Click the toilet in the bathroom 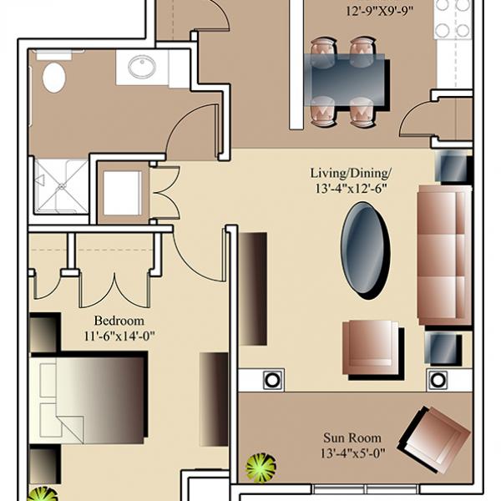(x=53, y=73)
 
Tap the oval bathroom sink (x=142, y=67)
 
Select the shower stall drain (x=61, y=186)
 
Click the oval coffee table (x=366, y=250)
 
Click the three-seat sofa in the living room (x=444, y=256)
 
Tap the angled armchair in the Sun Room (x=434, y=438)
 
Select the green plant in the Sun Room (x=261, y=468)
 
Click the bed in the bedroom (x=89, y=397)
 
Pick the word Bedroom (x=119, y=321)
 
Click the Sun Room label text (x=352, y=438)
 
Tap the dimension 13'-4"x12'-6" (x=352, y=189)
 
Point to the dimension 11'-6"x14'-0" (x=119, y=337)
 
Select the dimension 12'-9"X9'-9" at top (x=380, y=12)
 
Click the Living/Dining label (x=351, y=174)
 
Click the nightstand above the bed (x=45, y=332)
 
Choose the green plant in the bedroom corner (x=43, y=493)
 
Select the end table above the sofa (x=453, y=168)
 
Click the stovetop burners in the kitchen (x=453, y=18)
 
